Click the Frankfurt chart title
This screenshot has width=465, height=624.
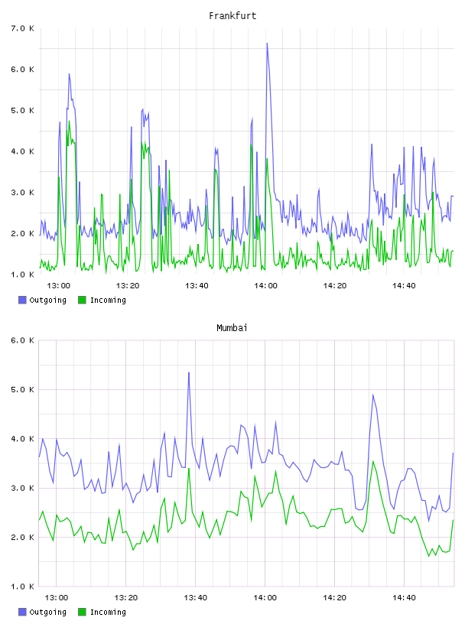232,16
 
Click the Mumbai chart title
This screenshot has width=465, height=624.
232,328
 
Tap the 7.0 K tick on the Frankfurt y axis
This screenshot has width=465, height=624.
23,28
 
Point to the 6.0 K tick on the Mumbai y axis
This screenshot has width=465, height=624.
23,340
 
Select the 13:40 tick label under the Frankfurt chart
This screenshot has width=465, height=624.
197,286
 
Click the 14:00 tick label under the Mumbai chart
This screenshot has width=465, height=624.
265,598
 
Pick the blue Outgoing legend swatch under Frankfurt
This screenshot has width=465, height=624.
22,300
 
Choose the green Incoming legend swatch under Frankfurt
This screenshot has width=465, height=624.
82,300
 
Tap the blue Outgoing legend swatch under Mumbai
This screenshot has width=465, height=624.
22,612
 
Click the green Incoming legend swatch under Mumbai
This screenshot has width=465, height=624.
82,612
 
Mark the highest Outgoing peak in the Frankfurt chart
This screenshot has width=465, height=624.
267,44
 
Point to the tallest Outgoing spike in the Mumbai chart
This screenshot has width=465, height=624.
189,372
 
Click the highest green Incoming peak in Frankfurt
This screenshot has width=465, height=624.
69,122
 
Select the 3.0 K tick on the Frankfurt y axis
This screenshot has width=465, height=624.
23,193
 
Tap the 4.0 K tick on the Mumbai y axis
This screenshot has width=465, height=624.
23,439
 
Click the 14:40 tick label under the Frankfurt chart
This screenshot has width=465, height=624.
404,286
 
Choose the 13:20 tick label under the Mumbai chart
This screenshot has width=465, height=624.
125,598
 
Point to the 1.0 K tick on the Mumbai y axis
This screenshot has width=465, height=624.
23,587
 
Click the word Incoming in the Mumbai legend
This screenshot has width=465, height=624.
108,613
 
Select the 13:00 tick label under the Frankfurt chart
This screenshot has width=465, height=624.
59,286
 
